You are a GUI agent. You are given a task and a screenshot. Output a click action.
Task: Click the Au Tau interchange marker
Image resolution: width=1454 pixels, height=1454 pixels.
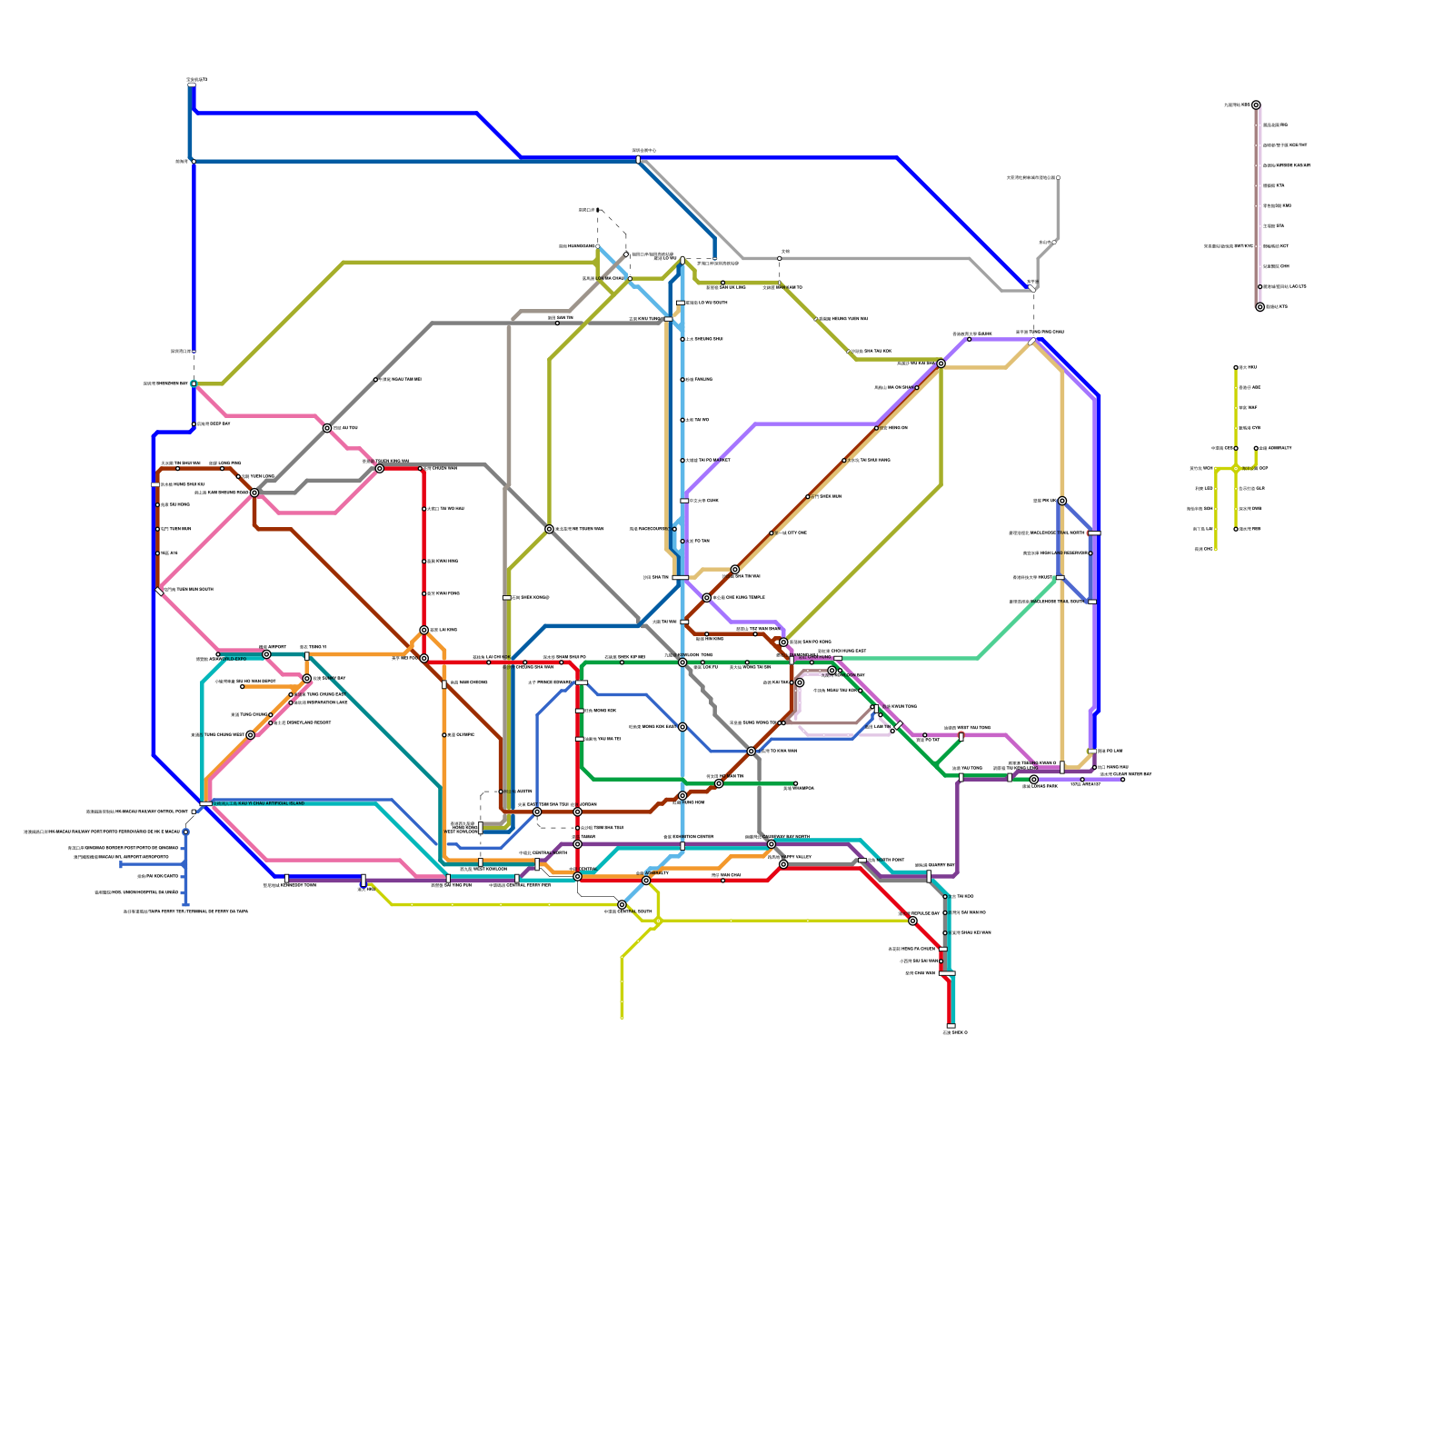[x=327, y=428]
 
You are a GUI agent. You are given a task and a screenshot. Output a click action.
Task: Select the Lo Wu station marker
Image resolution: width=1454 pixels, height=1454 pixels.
[x=682, y=260]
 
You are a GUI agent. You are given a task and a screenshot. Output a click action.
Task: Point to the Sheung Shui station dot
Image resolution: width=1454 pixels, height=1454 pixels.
[x=682, y=339]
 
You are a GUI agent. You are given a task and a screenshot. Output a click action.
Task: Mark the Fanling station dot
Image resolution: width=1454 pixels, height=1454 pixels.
[x=682, y=380]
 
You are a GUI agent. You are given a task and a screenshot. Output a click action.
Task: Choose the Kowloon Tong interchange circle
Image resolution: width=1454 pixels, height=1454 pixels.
[x=682, y=662]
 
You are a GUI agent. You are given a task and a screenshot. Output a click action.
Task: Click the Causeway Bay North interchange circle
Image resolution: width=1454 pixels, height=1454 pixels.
[x=772, y=844]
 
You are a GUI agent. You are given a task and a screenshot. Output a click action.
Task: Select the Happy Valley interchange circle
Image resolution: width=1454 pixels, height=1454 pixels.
[x=783, y=864]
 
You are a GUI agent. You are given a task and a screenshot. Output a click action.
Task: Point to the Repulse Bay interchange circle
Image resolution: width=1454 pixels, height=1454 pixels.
[x=912, y=921]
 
